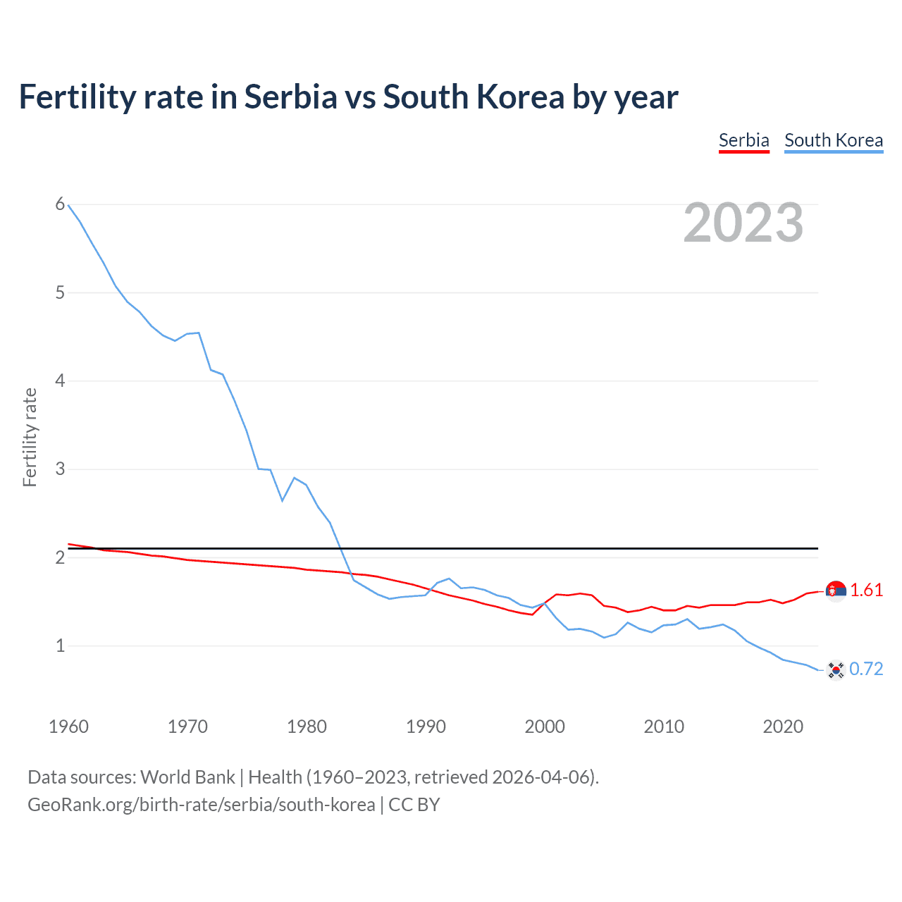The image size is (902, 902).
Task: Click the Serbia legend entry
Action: [x=743, y=140]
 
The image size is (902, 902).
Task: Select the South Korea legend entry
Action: [x=833, y=140]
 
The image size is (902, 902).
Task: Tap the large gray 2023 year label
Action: [x=743, y=223]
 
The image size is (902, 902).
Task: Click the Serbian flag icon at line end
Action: [x=836, y=591]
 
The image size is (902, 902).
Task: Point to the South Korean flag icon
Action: [x=836, y=669]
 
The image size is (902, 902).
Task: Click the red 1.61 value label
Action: [x=866, y=591]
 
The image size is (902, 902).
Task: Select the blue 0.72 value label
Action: [x=866, y=669]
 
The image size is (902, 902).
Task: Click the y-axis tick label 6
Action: [x=60, y=204]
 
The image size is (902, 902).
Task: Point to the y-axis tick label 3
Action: [x=60, y=469]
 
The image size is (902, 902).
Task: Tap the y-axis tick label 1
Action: [x=60, y=645]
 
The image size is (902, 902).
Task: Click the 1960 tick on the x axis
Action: [x=68, y=727]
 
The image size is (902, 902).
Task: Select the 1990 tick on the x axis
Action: [x=426, y=727]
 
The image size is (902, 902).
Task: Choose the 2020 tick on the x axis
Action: [x=783, y=727]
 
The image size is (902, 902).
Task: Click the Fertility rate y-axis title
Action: [x=30, y=437]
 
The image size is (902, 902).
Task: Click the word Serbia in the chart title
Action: [x=290, y=97]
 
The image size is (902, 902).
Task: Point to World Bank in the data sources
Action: [x=187, y=777]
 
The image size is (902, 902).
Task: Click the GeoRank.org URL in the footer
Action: [x=201, y=805]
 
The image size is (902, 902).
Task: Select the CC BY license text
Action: [x=414, y=805]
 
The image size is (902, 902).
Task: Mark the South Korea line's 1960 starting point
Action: [x=68, y=205]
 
